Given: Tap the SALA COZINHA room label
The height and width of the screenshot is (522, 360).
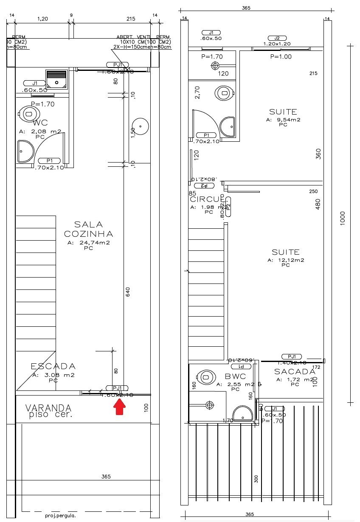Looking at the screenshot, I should point(88,229).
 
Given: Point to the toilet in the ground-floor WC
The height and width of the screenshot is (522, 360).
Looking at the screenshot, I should point(28,114).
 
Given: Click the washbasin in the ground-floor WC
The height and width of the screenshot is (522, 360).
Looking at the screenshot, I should point(25,152).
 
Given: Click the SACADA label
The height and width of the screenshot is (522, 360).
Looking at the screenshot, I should point(295,371).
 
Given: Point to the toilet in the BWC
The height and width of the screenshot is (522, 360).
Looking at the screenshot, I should point(206,376).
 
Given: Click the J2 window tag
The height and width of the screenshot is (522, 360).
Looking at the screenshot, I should point(277,38).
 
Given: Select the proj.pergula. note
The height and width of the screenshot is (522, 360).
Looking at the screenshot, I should point(58,516).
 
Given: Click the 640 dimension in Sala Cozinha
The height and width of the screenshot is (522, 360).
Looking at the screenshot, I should point(127,292).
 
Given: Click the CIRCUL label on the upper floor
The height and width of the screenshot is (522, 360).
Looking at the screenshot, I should point(206,199).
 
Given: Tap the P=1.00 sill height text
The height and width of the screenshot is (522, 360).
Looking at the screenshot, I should point(281,56).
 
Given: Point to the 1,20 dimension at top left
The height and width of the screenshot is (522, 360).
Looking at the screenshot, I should point(42,19).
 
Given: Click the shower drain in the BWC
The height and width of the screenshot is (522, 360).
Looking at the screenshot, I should point(209,404).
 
